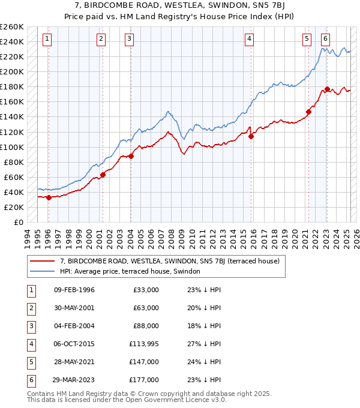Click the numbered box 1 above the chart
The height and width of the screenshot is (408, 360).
[x=47, y=39]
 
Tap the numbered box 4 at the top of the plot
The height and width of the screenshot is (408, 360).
[x=249, y=39]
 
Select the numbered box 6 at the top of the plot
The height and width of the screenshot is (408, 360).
[x=325, y=39]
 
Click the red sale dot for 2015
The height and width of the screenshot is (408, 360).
[x=251, y=136]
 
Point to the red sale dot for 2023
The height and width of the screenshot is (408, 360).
[x=327, y=89]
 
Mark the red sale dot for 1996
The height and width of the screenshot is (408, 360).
[x=49, y=197]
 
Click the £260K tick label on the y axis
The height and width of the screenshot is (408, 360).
[x=11, y=27]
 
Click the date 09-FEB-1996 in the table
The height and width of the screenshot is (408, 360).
[x=74, y=290]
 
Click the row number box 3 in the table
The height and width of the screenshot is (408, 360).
[x=29, y=326]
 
